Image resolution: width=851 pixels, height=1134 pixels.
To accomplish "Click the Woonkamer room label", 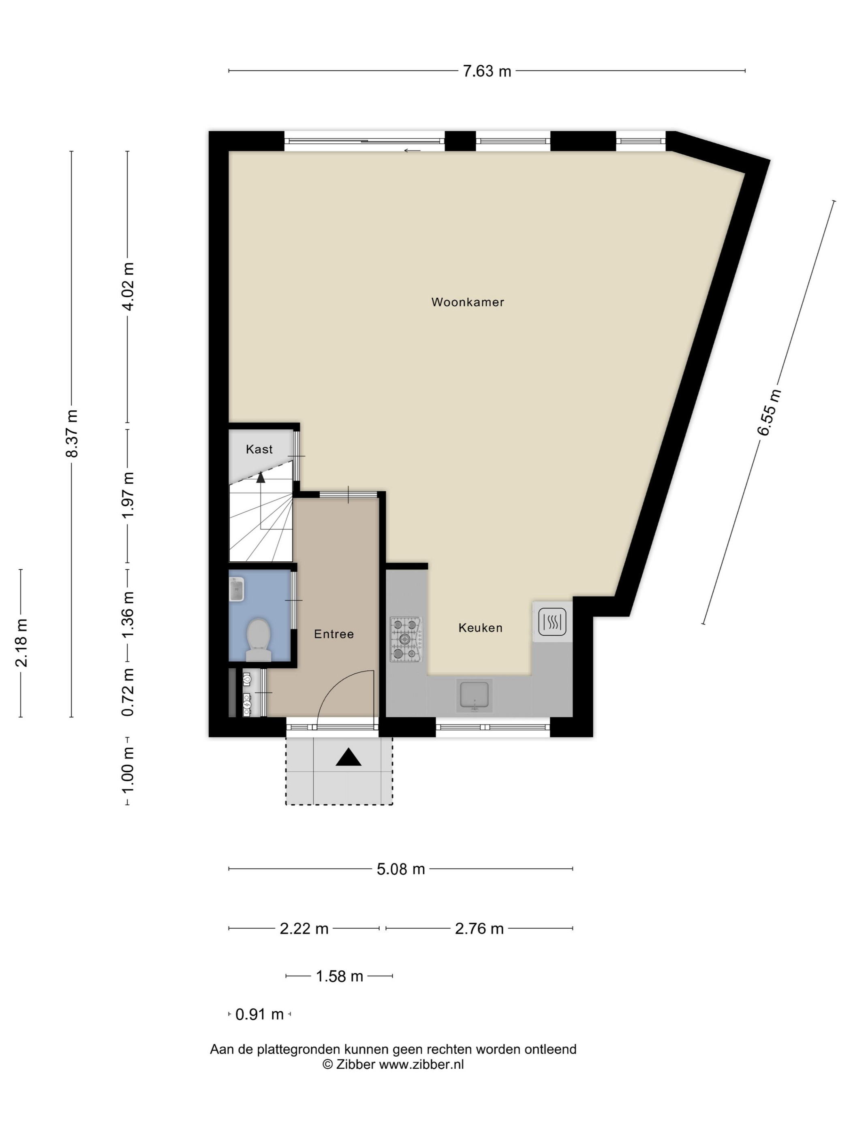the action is tap(467, 302).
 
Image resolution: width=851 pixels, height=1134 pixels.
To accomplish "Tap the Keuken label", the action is tap(480, 627).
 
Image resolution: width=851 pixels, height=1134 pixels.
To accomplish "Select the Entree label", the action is tap(334, 634).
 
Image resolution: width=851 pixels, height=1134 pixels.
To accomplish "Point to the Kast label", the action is tap(259, 449).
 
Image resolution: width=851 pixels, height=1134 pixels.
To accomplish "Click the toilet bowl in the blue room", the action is tap(259, 640).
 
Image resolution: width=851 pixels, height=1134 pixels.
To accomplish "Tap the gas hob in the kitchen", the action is tap(406, 639).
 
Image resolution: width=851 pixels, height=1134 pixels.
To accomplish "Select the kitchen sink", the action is tap(475, 695).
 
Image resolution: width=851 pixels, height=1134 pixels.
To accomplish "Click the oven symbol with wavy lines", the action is tap(552, 622).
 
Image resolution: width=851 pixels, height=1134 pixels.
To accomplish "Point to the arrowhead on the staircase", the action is tap(261, 477).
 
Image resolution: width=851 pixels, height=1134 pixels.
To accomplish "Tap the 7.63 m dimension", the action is tap(487, 71).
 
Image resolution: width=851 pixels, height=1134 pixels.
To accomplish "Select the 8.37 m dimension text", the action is tap(72, 433).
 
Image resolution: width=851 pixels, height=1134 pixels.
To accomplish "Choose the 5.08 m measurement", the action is tap(401, 869).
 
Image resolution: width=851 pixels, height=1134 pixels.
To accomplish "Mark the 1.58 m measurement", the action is tap(339, 976).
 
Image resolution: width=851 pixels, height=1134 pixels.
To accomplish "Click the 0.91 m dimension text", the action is tap(259, 1014).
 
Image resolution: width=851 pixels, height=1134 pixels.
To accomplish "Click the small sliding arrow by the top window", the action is tap(412, 151).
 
